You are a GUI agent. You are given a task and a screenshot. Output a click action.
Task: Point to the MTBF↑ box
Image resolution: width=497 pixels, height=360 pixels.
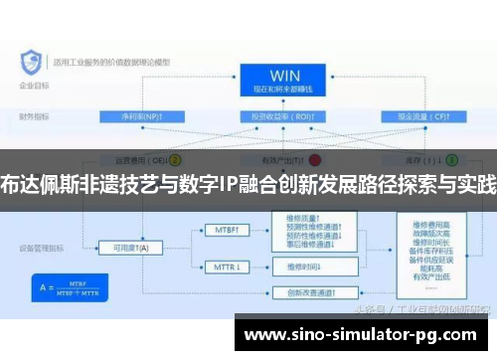[x=228, y=230]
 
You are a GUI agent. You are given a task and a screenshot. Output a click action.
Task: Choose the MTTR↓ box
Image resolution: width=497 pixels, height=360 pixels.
[x=228, y=267]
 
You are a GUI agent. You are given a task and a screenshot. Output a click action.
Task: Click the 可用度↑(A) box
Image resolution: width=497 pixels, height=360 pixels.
[x=130, y=248]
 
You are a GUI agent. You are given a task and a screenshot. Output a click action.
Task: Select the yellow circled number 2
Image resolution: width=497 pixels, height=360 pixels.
[x=176, y=159]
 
